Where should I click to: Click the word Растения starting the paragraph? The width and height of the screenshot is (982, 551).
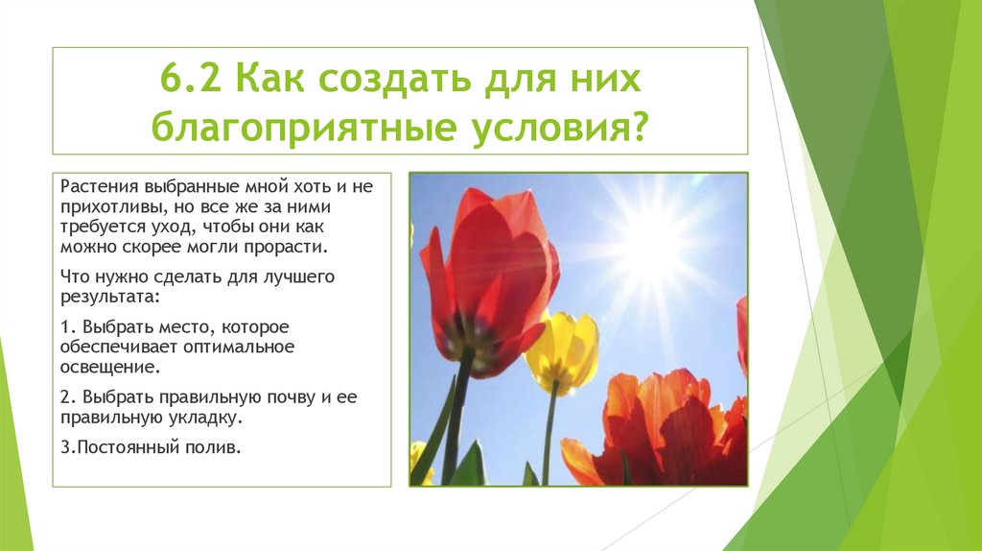click(94, 185)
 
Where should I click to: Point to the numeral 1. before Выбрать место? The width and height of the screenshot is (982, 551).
click(66, 327)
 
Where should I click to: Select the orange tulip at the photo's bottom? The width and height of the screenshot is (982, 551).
click(662, 432)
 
